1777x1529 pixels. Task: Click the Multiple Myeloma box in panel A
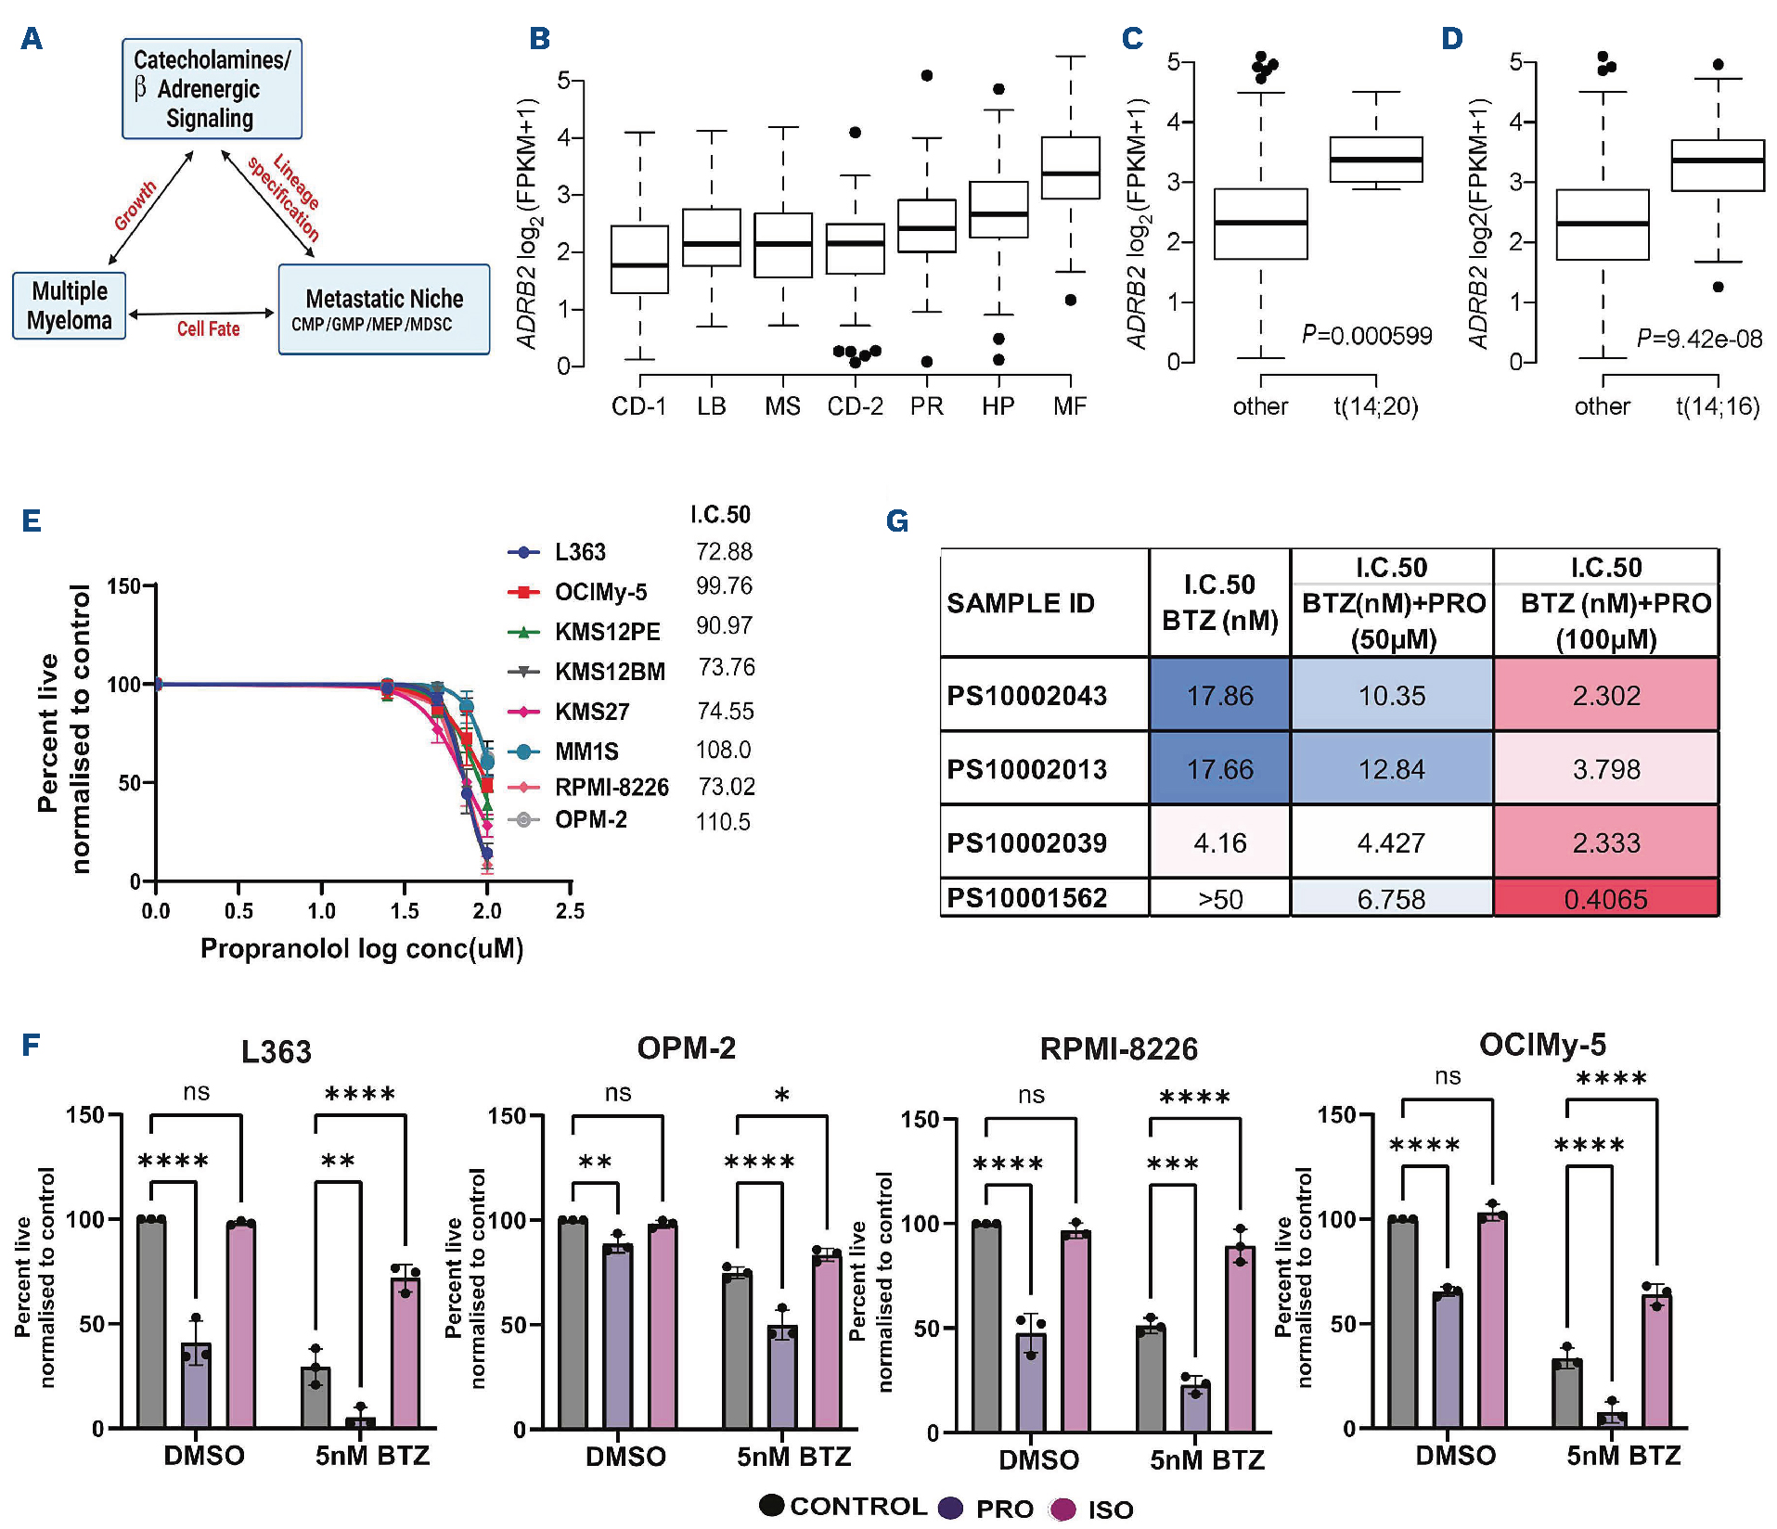[70, 305]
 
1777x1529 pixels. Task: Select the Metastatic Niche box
[384, 309]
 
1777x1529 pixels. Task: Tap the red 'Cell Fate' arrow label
[208, 329]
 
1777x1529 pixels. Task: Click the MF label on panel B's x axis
[1070, 406]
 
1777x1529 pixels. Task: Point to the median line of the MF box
[1071, 173]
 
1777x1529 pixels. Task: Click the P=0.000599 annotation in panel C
[1366, 336]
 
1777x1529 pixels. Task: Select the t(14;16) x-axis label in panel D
[1718, 406]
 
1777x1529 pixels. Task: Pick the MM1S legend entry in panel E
[586, 751]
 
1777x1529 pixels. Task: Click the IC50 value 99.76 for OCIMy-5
[724, 586]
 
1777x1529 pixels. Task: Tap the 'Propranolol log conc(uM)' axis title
[362, 948]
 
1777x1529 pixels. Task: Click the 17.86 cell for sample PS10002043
[1219, 695]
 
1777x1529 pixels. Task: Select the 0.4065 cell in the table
[1605, 898]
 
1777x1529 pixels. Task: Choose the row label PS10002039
[1026, 842]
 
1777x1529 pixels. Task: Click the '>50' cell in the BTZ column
[1219, 899]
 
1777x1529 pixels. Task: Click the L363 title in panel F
[276, 1052]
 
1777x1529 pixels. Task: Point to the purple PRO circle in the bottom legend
[950, 1508]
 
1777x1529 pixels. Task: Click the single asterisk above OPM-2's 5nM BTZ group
[781, 1097]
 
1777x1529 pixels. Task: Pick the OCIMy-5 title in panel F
[1542, 1045]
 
